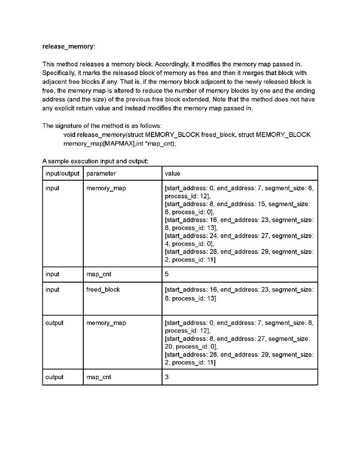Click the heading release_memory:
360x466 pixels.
[x=69, y=46]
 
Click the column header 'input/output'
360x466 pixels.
[x=62, y=173]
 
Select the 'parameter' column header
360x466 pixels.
[x=101, y=173]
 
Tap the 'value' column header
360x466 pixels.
[x=172, y=173]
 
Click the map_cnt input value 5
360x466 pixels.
[x=167, y=274]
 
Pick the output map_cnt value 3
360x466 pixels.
[x=167, y=377]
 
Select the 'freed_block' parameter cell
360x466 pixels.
[x=103, y=289]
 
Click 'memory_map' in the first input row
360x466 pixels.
[x=106, y=188]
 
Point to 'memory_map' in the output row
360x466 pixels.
[x=106, y=323]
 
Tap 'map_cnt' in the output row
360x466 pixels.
[x=99, y=377]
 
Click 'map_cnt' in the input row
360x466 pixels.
[x=99, y=274]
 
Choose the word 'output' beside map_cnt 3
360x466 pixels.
[x=55, y=377]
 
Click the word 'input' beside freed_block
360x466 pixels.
[x=52, y=289]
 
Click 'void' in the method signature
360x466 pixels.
[x=69, y=135]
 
